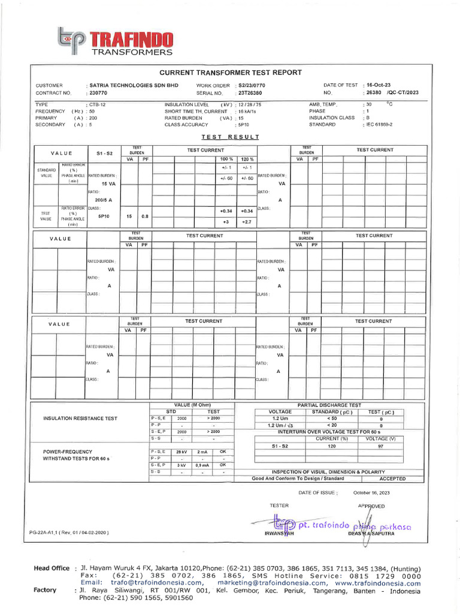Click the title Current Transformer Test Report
coord(230,73)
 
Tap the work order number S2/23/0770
coord(252,86)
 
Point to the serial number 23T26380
coord(250,93)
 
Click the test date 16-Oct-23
coord(379,85)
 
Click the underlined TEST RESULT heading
coord(230,137)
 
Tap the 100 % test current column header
coord(226,159)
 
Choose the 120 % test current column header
coord(247,159)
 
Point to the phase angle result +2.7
coord(247,222)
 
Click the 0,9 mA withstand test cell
coord(202,465)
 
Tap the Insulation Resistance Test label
coord(80,419)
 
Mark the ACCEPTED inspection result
coord(392,478)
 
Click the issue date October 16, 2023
coord(371,492)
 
